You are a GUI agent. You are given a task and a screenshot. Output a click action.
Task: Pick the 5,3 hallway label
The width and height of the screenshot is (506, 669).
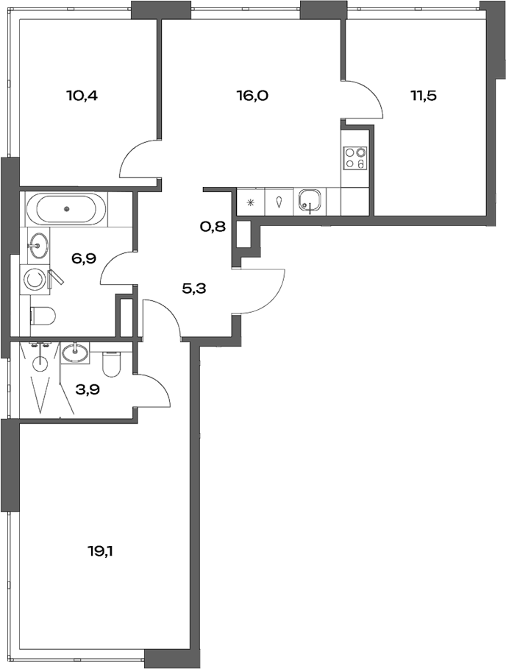coord(193,288)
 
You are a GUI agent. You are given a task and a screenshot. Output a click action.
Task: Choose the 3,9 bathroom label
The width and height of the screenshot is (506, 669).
coord(88,389)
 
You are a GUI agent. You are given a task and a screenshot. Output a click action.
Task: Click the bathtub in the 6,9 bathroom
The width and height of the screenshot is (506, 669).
coord(65,208)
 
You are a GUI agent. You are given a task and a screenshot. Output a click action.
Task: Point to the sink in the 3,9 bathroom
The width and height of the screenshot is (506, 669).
coord(75,353)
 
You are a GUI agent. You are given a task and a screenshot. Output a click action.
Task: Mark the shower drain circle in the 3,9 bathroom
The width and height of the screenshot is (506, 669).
coord(40,362)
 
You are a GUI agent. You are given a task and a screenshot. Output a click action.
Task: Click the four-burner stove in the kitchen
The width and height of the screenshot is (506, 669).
coord(354,159)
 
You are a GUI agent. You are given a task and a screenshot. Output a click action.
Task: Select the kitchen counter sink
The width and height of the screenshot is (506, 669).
coord(310,200)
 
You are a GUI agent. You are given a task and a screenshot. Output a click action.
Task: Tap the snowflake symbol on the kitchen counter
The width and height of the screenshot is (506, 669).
coord(251,201)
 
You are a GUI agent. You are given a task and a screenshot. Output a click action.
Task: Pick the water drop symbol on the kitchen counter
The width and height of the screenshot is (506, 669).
coord(280,201)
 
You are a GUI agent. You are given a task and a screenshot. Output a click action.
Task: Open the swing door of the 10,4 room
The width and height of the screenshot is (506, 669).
coord(140,160)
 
